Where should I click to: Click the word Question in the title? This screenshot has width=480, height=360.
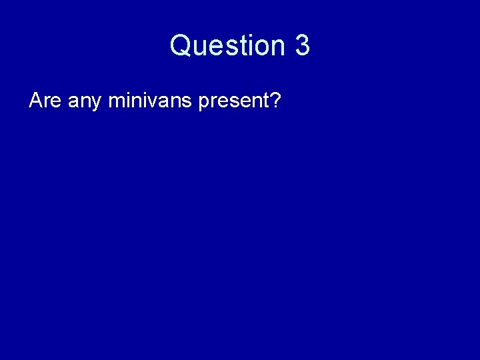227,46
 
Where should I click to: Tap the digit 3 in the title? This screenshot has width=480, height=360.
302,46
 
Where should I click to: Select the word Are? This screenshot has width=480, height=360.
45,101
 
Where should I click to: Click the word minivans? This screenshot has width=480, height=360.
149,101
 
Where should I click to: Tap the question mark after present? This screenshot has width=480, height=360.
276,101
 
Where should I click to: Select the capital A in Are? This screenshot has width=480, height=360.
36,101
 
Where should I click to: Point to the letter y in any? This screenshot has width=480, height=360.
96,105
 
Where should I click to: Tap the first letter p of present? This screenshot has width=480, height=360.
203,105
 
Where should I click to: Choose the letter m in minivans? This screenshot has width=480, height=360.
116,103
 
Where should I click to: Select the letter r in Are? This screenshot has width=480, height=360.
47,103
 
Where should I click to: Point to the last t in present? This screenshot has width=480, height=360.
267,102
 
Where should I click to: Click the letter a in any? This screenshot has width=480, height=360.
73,103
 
